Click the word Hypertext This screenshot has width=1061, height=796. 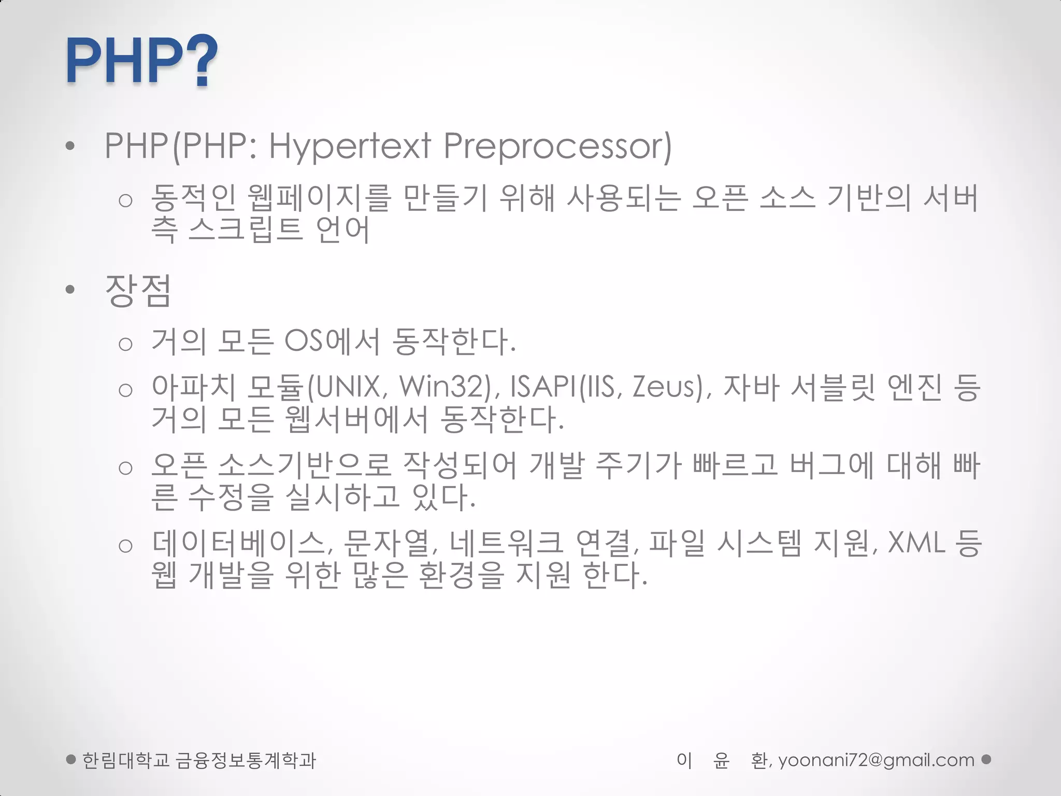pyautogui.click(x=350, y=146)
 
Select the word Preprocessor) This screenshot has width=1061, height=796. pyautogui.click(x=557, y=146)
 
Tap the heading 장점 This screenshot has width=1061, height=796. pyautogui.click(x=138, y=290)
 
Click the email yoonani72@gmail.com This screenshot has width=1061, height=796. pyautogui.click(x=876, y=760)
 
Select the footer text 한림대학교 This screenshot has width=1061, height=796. pyautogui.click(x=126, y=760)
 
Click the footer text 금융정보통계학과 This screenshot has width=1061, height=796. pyautogui.click(x=246, y=760)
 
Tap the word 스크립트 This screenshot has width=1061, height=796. pyautogui.click(x=245, y=229)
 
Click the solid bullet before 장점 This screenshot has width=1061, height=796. pyautogui.click(x=70, y=290)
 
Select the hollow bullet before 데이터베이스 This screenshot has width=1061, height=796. pyautogui.click(x=125, y=546)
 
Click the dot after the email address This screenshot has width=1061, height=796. pyautogui.click(x=986, y=759)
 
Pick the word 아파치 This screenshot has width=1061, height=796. pyautogui.click(x=194, y=387)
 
